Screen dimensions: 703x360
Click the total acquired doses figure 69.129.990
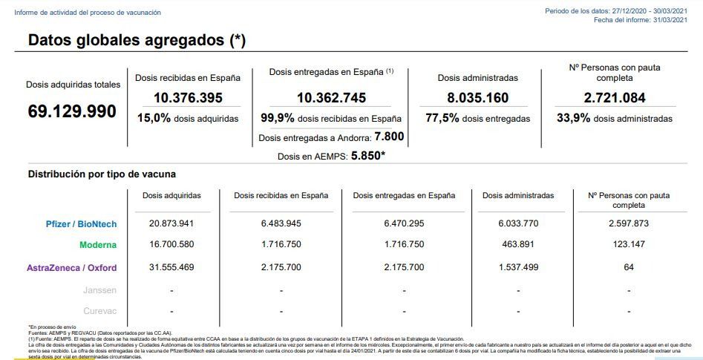point(72,111)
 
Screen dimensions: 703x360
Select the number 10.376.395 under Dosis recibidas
point(189,98)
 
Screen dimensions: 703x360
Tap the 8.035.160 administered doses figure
point(477,98)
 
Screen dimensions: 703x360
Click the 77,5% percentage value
point(442,118)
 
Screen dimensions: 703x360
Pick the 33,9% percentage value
point(573,118)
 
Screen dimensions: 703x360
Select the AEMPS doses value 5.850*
point(368,156)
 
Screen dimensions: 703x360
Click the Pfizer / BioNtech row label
point(81,224)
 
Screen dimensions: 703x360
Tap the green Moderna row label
point(98,245)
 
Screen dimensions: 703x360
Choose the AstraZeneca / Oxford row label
point(72,268)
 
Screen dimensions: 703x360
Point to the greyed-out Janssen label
point(100,290)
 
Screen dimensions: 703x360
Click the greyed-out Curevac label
point(100,311)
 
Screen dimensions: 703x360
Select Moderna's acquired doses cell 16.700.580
point(171,244)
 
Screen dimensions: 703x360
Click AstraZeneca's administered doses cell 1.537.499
point(518,267)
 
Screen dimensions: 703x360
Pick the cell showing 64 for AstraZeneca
point(629,267)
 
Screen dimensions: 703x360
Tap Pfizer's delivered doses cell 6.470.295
point(404,223)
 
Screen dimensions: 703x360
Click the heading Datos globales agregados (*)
point(137,40)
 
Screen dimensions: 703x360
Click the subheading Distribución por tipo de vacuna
point(102,174)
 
